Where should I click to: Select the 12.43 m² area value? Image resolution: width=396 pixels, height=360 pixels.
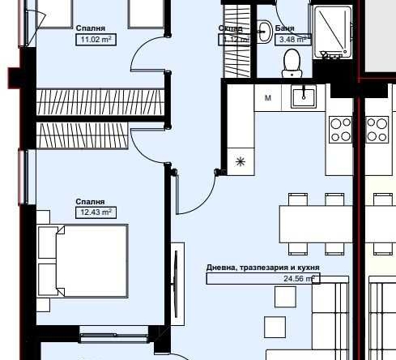coord(93,212)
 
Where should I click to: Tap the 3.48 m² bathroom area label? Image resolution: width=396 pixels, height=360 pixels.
coord(292,38)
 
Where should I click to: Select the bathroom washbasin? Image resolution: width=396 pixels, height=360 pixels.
coord(263,30)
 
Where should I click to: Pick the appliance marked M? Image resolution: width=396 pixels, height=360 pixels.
coord(267,98)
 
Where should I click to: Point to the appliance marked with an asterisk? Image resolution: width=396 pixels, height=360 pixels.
coord(240,161)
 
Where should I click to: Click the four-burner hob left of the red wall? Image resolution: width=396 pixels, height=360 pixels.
coord(340,128)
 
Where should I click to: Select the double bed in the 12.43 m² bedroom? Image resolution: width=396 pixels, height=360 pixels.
coord(83,261)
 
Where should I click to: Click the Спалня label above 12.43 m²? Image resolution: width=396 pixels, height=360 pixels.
coord(90,201)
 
